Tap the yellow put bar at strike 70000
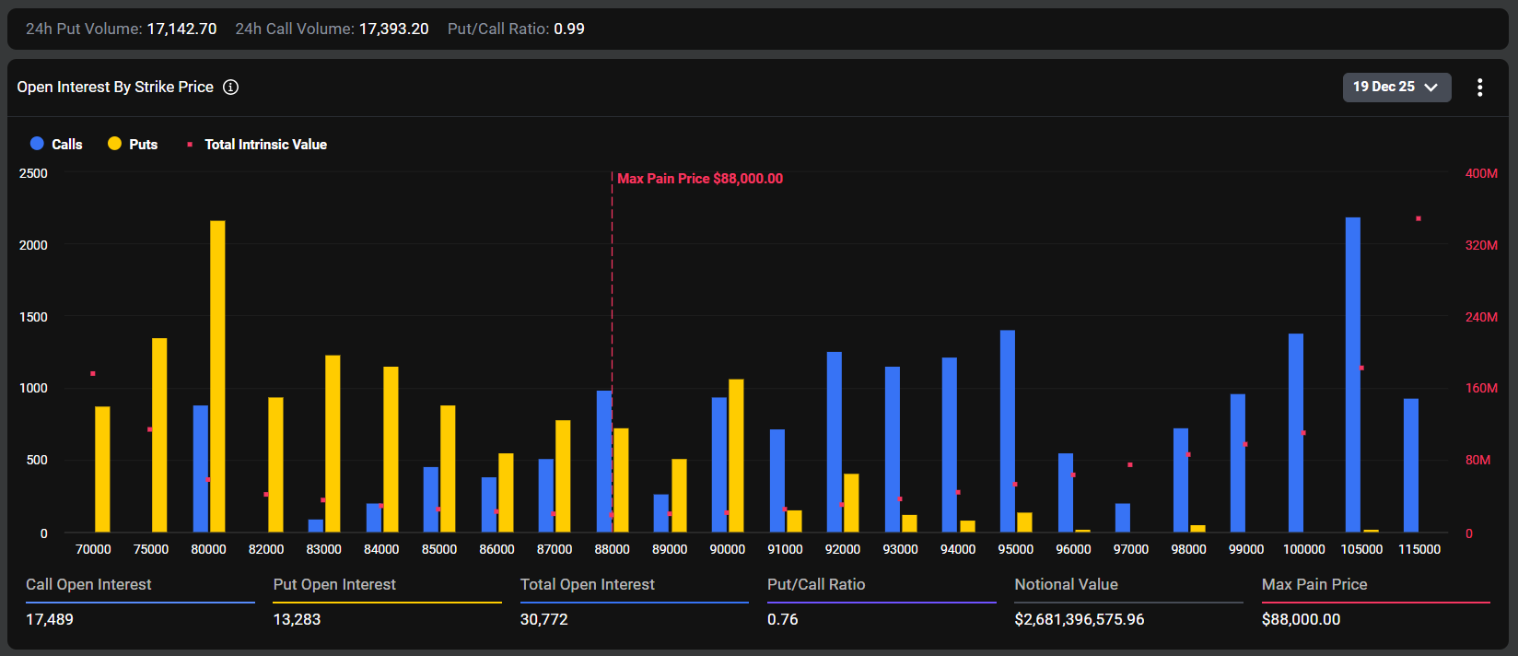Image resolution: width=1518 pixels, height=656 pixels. click(x=102, y=469)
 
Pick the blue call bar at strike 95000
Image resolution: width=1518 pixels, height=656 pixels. click(x=1007, y=430)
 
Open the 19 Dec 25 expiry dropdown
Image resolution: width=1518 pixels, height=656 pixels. click(x=1395, y=87)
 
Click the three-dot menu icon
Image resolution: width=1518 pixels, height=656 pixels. click(x=1479, y=88)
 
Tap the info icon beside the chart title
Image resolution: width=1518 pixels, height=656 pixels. click(x=231, y=87)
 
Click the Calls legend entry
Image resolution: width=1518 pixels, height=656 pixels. click(x=56, y=144)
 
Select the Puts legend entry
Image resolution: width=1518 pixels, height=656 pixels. click(x=133, y=144)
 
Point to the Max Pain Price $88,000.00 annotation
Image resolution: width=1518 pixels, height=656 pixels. click(x=699, y=179)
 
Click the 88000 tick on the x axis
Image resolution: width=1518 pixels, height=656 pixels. click(x=612, y=549)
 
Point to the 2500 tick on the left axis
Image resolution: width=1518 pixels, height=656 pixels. click(x=33, y=173)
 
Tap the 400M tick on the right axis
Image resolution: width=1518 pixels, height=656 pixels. click(x=1481, y=173)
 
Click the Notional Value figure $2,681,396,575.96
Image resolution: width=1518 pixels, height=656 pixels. click(x=1079, y=619)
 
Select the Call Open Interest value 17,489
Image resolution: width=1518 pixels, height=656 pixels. click(x=50, y=619)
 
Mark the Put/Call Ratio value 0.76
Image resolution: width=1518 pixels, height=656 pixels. click(x=782, y=619)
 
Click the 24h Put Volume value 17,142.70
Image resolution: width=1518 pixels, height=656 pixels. click(x=181, y=29)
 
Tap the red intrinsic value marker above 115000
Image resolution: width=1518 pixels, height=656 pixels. click(x=1419, y=218)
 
